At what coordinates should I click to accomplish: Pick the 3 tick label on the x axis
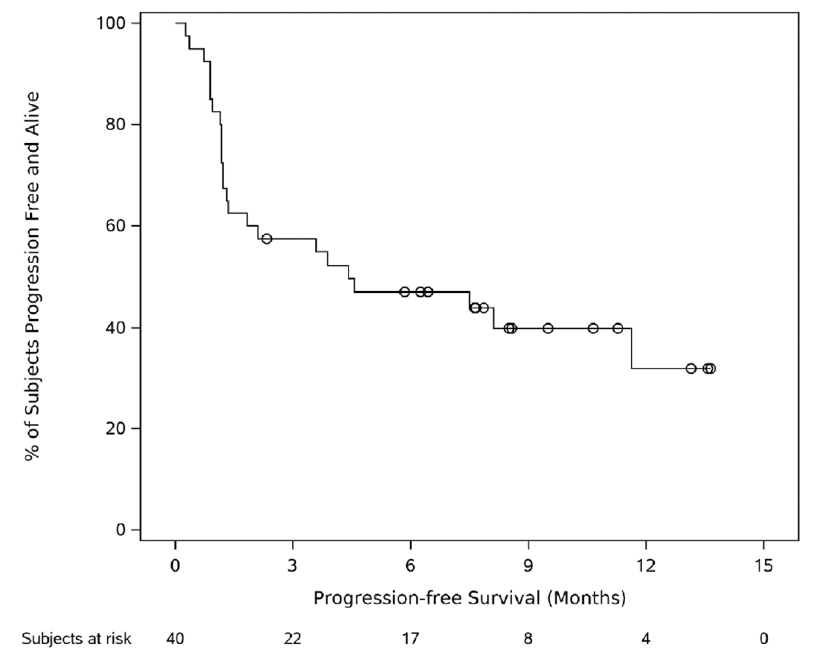(292, 566)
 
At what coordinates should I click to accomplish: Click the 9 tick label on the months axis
(528, 566)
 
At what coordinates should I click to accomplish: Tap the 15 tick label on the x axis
(763, 566)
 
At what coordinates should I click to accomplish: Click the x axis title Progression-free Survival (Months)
(470, 598)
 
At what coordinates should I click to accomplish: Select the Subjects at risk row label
(76, 639)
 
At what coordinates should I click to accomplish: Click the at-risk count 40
(175, 639)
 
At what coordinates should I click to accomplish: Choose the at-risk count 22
(292, 639)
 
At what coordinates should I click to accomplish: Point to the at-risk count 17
(411, 639)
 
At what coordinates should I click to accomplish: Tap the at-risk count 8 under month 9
(528, 639)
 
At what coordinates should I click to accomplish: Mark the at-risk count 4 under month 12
(646, 639)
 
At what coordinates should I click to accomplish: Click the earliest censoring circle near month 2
(267, 239)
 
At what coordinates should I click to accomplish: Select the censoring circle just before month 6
(405, 292)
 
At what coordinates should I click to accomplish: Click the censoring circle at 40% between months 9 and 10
(548, 328)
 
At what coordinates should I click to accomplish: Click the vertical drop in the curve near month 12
(631, 348)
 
